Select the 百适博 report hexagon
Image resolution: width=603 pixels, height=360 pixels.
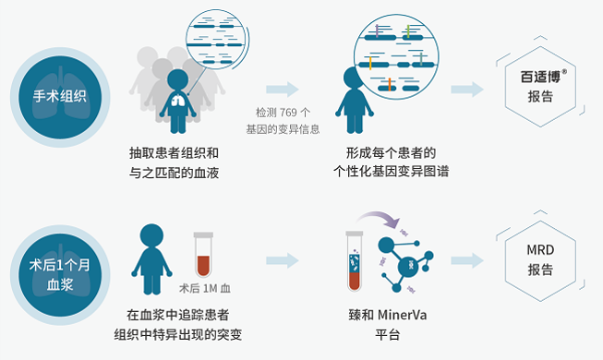(540, 89)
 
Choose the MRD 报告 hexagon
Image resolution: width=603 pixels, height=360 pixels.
(540, 260)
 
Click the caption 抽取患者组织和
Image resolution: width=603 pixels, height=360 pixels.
(175, 151)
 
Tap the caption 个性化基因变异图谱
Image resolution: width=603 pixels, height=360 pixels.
(391, 171)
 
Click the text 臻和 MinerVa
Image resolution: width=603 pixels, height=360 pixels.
(389, 315)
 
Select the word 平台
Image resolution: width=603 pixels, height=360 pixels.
(389, 334)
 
